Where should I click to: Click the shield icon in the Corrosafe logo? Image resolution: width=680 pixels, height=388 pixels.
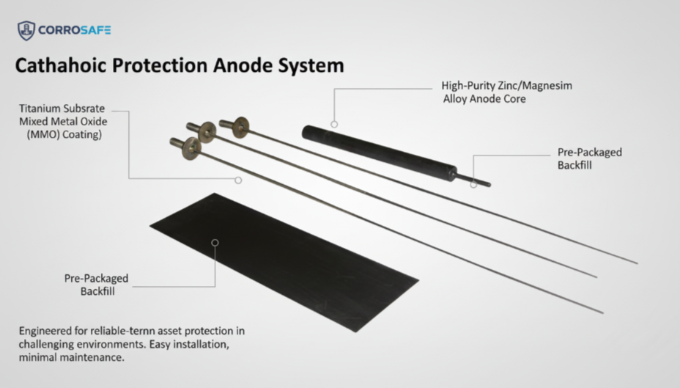click(x=26, y=30)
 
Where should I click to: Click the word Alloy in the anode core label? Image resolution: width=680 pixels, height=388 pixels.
click(x=458, y=98)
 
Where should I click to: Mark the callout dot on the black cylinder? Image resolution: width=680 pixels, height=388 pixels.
click(x=334, y=125)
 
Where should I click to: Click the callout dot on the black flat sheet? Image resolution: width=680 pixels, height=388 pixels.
click(x=215, y=243)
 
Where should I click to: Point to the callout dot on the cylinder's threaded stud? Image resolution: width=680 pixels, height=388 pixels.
click(x=474, y=184)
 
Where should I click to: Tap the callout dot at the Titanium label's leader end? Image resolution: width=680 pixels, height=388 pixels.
click(x=238, y=179)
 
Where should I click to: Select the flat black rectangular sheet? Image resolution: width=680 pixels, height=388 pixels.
click(x=293, y=257)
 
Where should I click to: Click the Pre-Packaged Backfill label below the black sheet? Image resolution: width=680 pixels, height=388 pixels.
click(x=96, y=285)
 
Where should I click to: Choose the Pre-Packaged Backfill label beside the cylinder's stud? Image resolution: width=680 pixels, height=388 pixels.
click(x=589, y=158)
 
